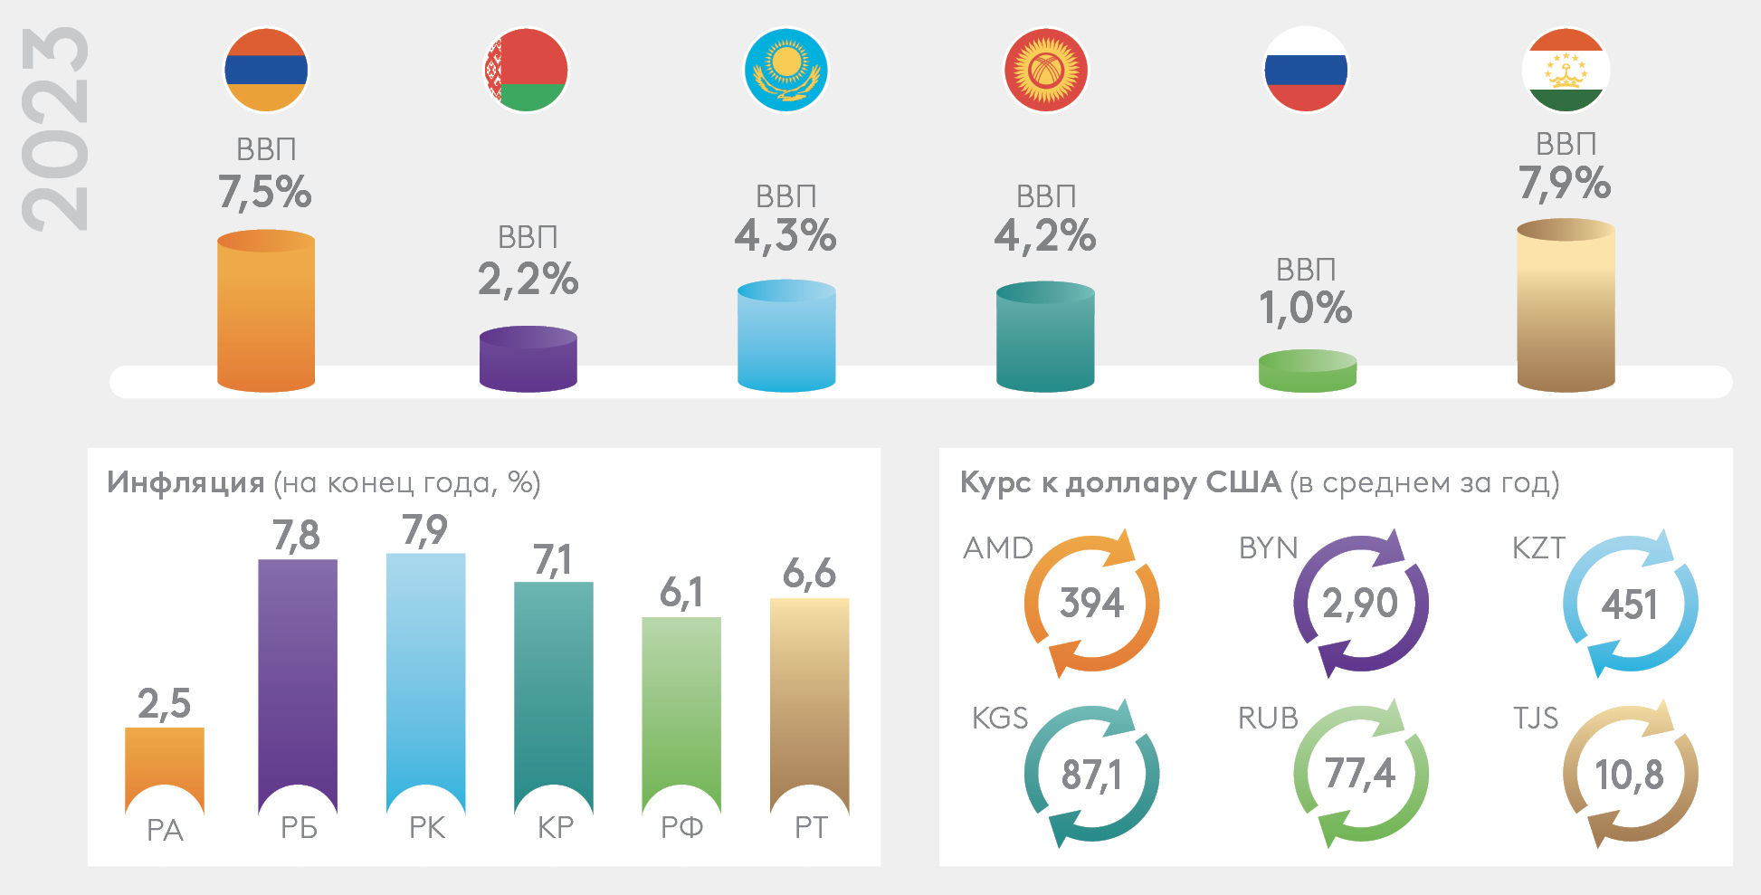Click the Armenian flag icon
pos(266,70)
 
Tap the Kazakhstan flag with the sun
pos(786,70)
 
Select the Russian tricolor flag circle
pos(1306,70)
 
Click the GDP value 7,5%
pos(265,192)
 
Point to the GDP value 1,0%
pos(1306,309)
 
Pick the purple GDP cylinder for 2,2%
pos(528,359)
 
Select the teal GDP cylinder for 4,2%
pos(1045,337)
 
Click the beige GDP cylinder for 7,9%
pos(1566,308)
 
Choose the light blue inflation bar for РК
pos(426,670)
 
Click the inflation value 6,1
pos(681,594)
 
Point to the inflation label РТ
pos(811,828)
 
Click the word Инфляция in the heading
pos(186,482)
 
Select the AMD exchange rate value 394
pos(1092,604)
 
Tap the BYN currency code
pos(1269,548)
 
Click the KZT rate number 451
pos(1630,605)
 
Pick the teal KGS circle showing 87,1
pos(1092,775)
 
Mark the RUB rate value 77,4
pos(1360,775)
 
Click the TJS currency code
pos(1536,719)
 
